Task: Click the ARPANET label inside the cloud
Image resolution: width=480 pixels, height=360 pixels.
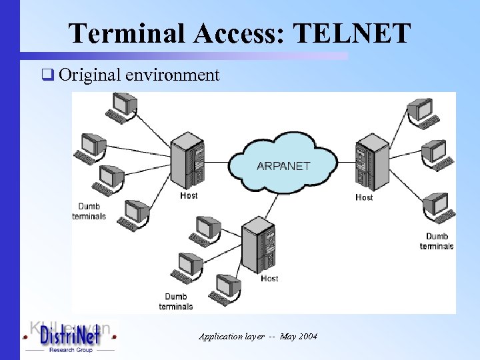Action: point(283,166)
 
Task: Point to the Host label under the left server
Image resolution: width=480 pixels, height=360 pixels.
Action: point(189,196)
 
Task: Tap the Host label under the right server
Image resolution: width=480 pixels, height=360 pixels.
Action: point(365,197)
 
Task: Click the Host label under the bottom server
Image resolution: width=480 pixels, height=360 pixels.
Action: point(269,278)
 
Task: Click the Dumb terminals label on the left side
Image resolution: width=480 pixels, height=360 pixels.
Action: point(89,211)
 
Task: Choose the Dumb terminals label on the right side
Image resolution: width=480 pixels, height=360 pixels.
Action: point(437,241)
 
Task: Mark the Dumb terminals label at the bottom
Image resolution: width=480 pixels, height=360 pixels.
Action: point(176,301)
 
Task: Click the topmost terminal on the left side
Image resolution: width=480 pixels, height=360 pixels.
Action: point(123,106)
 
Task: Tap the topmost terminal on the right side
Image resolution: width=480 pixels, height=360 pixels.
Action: point(421,111)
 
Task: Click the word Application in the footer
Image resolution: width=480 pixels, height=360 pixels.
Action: point(221,337)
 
